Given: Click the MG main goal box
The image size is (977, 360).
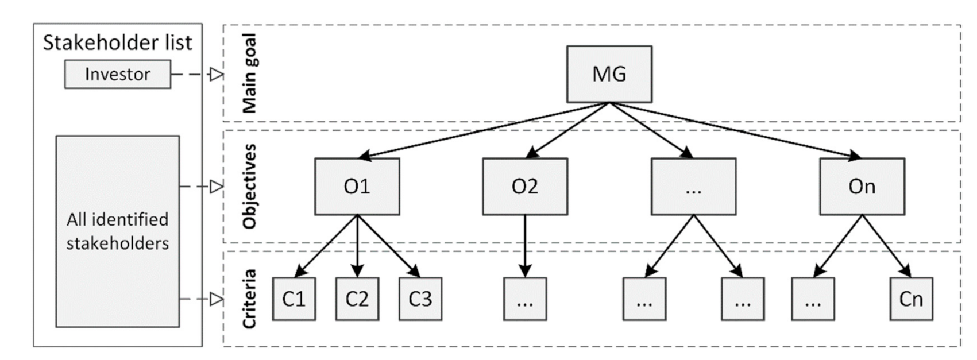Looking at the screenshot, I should point(609,74).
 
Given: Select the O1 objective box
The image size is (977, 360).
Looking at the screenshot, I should point(357,187).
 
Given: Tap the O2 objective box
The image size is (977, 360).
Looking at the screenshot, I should point(524,187).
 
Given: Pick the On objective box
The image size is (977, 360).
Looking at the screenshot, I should point(862,187).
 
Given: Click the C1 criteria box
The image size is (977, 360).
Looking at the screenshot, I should point(294,299).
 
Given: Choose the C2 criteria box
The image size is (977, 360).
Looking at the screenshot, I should point(357,299).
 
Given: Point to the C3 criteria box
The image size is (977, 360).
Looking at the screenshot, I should point(420,299).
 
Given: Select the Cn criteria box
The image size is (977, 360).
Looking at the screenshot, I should point(911,299).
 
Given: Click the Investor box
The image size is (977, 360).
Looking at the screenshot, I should point(117,74).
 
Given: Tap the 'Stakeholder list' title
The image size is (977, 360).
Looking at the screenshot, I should point(117,42).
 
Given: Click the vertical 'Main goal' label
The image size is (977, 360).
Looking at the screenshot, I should point(249,73).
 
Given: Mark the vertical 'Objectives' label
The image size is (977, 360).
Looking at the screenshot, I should point(249,187).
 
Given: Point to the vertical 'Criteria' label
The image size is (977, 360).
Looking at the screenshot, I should point(249,299).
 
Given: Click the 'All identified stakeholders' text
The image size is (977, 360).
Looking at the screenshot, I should point(117,231).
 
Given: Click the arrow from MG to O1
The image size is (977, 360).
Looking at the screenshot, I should point(482,130).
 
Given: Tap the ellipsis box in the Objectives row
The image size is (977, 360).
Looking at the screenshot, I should point(693,187).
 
